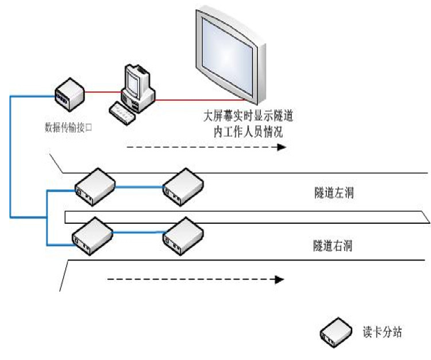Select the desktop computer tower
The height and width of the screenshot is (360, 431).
pos(138,86)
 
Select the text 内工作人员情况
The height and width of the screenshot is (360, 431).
pos(248,132)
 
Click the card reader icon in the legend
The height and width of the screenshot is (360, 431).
pos(336,333)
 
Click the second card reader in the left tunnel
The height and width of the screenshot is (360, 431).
pos(182,186)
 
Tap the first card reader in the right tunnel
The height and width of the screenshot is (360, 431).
pos(91,236)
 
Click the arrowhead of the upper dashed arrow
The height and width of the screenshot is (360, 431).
pos(282,147)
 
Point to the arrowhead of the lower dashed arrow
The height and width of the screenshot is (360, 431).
pos(280,280)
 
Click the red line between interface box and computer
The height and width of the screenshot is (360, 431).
pos(103,91)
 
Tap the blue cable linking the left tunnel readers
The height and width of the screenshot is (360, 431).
pos(138,186)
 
